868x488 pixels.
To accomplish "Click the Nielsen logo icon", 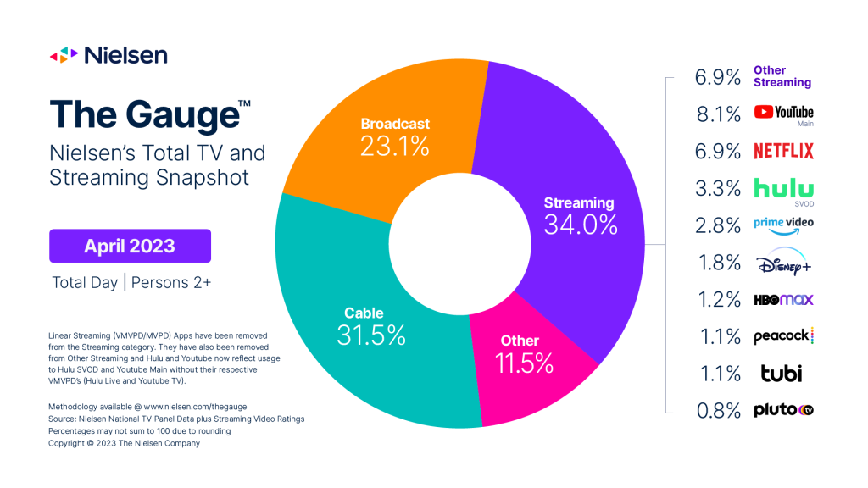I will pos(64,56).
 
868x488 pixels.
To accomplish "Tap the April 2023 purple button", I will pos(130,247).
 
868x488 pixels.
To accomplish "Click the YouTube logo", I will pos(783,112).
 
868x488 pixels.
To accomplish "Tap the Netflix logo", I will pos(783,151).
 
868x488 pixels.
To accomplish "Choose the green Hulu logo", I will pos(783,188).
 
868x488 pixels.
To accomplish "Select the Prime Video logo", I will pos(783,225).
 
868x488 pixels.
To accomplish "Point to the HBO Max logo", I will pos(783,300).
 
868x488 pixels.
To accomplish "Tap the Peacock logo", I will pos(783,336).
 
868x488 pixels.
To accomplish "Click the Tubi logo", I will pos(777,374).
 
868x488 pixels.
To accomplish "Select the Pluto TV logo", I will pos(783,411).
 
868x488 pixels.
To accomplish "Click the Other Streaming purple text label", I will pos(782,76).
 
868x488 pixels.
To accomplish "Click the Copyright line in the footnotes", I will pos(124,443).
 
